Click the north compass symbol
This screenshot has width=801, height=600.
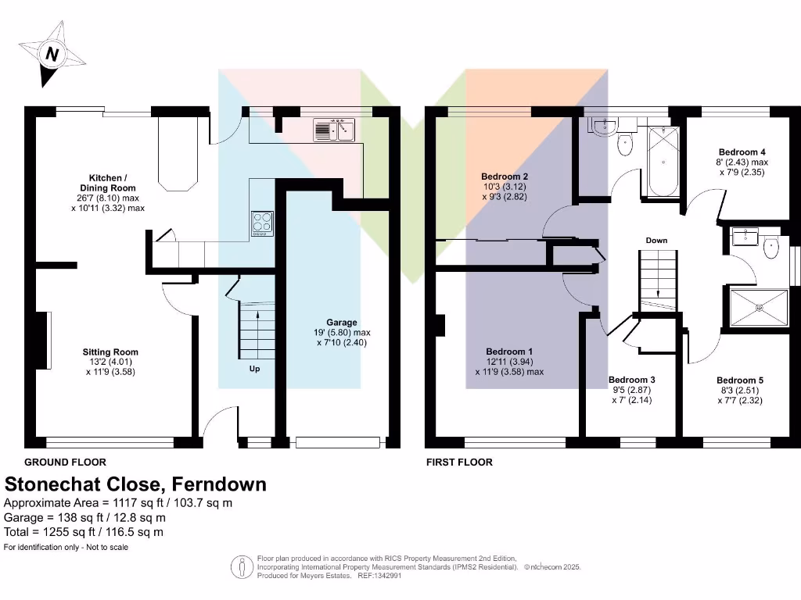tap(52, 55)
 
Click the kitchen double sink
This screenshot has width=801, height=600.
tap(335, 129)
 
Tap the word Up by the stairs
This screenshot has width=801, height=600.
tap(254, 369)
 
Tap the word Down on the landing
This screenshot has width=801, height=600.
tap(656, 240)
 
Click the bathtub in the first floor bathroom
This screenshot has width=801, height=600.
tap(663, 162)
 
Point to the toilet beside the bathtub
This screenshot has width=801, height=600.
tap(625, 144)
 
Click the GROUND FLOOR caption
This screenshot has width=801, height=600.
tap(65, 462)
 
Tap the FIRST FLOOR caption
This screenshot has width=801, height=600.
tap(459, 462)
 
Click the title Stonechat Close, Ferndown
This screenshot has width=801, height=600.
tap(135, 484)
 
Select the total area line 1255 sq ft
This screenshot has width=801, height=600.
tap(84, 532)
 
